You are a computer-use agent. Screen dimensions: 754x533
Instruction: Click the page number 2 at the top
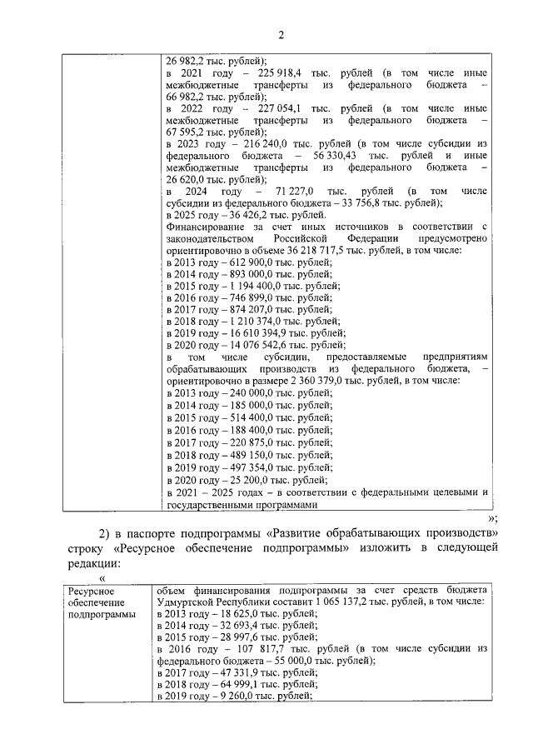pyautogui.click(x=281, y=34)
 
